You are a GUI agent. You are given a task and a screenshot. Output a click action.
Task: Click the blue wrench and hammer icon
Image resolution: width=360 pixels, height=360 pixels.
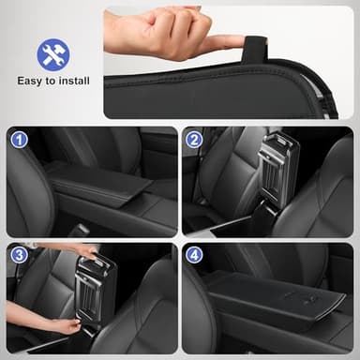[53, 54]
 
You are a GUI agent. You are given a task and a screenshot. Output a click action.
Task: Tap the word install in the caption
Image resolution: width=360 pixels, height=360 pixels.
[74, 81]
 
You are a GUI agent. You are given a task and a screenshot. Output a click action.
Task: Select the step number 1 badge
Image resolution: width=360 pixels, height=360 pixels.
[19, 140]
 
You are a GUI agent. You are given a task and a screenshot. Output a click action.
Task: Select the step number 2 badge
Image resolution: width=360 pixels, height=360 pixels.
[194, 140]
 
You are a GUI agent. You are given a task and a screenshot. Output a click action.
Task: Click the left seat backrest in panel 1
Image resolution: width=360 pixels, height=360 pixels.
[28, 187]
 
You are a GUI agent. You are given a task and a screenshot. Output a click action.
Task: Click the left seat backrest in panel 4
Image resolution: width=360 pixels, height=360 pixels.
[202, 309]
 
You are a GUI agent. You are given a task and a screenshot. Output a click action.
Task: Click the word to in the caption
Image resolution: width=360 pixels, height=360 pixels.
[55, 81]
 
